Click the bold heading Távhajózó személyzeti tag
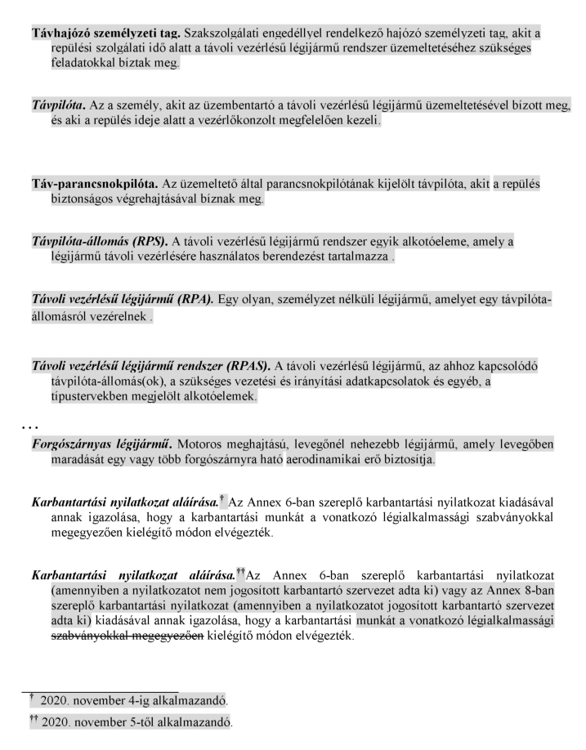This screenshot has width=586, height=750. click(106, 34)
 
